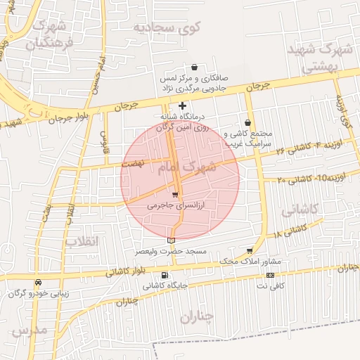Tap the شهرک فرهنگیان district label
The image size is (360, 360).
49,35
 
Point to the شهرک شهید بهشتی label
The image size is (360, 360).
323,59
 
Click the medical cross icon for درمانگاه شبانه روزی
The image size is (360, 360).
183,105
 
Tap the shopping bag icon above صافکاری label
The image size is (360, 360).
194,67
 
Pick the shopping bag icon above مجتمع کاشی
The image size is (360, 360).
247,122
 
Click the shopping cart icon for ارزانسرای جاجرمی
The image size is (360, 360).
175,195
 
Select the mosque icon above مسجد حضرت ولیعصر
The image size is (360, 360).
172,240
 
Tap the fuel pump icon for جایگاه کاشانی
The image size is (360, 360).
165,275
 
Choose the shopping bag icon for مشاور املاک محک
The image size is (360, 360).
250,250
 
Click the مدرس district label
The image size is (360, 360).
30,330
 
